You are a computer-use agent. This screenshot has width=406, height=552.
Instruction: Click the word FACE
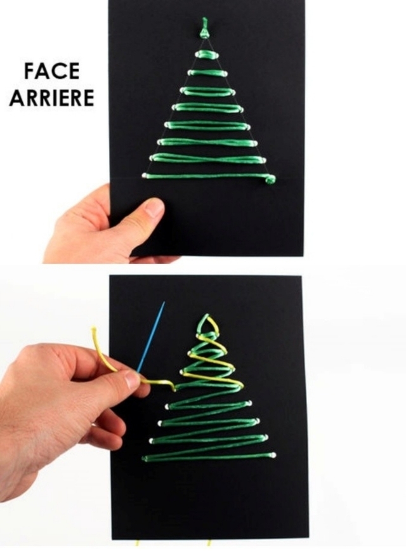click(52, 71)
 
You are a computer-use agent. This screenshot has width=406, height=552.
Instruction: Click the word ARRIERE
click(52, 98)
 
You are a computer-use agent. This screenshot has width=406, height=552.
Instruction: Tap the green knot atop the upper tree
click(204, 29)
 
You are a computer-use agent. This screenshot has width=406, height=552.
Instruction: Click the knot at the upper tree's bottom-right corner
click(270, 180)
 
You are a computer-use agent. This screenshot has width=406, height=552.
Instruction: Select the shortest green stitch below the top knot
click(207, 54)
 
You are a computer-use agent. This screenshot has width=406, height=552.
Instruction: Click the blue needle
click(151, 337)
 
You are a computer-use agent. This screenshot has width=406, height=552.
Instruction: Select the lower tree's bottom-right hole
click(273, 455)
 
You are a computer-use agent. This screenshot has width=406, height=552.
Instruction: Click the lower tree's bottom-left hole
click(145, 458)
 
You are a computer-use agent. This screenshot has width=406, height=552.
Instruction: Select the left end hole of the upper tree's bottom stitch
click(144, 175)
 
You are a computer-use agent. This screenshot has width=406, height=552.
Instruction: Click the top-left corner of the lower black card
click(110, 276)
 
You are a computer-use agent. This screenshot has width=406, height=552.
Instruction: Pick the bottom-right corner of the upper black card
click(303, 256)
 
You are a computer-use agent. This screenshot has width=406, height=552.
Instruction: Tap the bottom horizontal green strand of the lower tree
click(209, 457)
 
